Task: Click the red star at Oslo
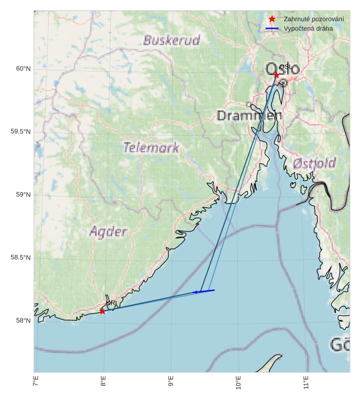coord(277,75)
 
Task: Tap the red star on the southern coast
coord(102,311)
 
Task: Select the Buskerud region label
coord(171,41)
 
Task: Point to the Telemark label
coord(151,147)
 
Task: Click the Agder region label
coord(108,231)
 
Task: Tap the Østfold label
coord(314,163)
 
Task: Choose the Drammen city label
coord(249,115)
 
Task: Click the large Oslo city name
coord(282,69)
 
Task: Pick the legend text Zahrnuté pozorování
coord(313,19)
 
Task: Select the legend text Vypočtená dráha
coord(308,29)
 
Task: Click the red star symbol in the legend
coord(272,19)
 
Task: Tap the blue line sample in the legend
coord(272,29)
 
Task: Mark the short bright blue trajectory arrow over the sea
coord(205,291)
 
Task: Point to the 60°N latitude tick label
coord(23,69)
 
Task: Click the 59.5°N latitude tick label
coord(21,132)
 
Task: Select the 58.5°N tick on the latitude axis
coord(21,258)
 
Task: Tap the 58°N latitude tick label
coord(23,321)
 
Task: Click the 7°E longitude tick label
coord(35,384)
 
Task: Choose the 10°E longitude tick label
coord(238,385)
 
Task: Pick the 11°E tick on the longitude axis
coord(306,385)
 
